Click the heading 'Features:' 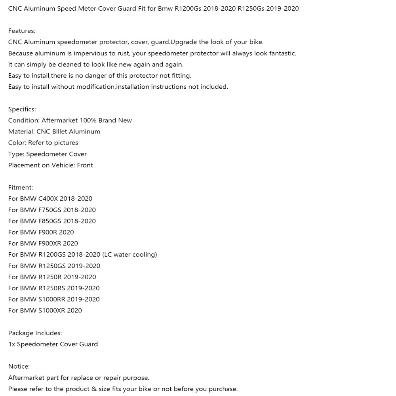pos(22,31)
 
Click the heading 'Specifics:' pos(22,109)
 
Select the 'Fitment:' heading pos(21,187)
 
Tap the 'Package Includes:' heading pos(35,333)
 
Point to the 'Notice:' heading pos(19,367)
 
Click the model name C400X pos(48,198)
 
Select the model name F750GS pos(50,210)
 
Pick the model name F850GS pos(50,221)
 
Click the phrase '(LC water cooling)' pos(129,255)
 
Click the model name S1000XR pos(51,310)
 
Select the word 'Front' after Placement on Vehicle pos(85,165)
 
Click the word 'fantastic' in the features pos(280,53)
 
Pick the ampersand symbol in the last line pos(94,389)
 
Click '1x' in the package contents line pos(11,344)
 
